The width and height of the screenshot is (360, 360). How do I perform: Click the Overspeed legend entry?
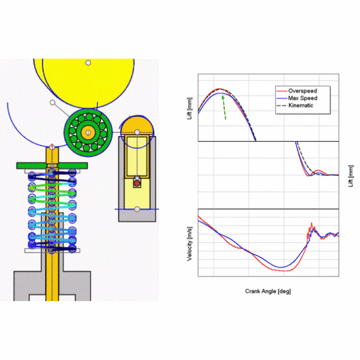coord(297,91)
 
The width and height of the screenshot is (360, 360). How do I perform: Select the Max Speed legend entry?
coord(297,98)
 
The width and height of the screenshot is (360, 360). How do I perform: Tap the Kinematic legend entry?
coord(295,106)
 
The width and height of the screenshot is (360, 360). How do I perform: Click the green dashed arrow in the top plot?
coord(224,107)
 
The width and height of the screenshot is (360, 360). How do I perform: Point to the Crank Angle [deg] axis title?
coord(268,292)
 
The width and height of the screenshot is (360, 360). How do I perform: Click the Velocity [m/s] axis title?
coord(190,244)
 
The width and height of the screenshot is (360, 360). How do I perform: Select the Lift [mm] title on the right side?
coord(350,176)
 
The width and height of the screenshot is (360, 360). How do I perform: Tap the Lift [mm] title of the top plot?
coord(190,109)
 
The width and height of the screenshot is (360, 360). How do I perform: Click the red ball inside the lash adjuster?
coord(137,183)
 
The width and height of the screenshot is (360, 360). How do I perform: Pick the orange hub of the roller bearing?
coord(88,133)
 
